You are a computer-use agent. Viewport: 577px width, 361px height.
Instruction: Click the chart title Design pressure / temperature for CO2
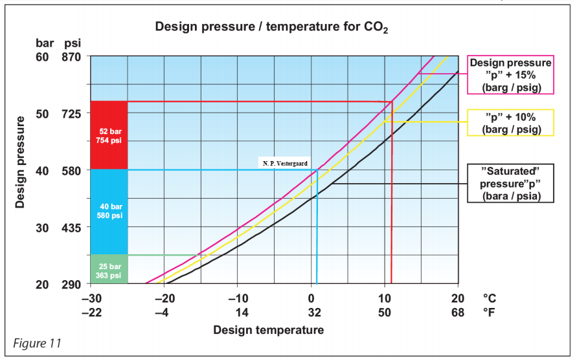(x=271, y=27)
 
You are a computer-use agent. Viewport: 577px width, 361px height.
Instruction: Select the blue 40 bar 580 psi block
(x=109, y=211)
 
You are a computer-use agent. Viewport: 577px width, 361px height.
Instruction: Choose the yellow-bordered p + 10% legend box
(x=511, y=122)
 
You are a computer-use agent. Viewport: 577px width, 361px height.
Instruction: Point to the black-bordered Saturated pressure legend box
(x=511, y=184)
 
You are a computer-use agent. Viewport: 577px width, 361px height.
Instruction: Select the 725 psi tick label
(x=72, y=113)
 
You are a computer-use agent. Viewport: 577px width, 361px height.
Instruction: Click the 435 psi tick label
(x=72, y=228)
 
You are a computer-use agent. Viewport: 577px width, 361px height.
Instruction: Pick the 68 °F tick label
(x=458, y=312)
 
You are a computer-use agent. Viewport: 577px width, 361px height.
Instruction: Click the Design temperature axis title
(x=269, y=331)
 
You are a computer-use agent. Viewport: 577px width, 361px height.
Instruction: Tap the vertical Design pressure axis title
(x=20, y=162)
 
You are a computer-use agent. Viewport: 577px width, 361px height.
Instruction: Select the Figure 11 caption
(x=38, y=343)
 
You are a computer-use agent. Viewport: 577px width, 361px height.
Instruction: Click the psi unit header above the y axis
(x=72, y=43)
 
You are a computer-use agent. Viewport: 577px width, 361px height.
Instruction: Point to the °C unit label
(x=490, y=299)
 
